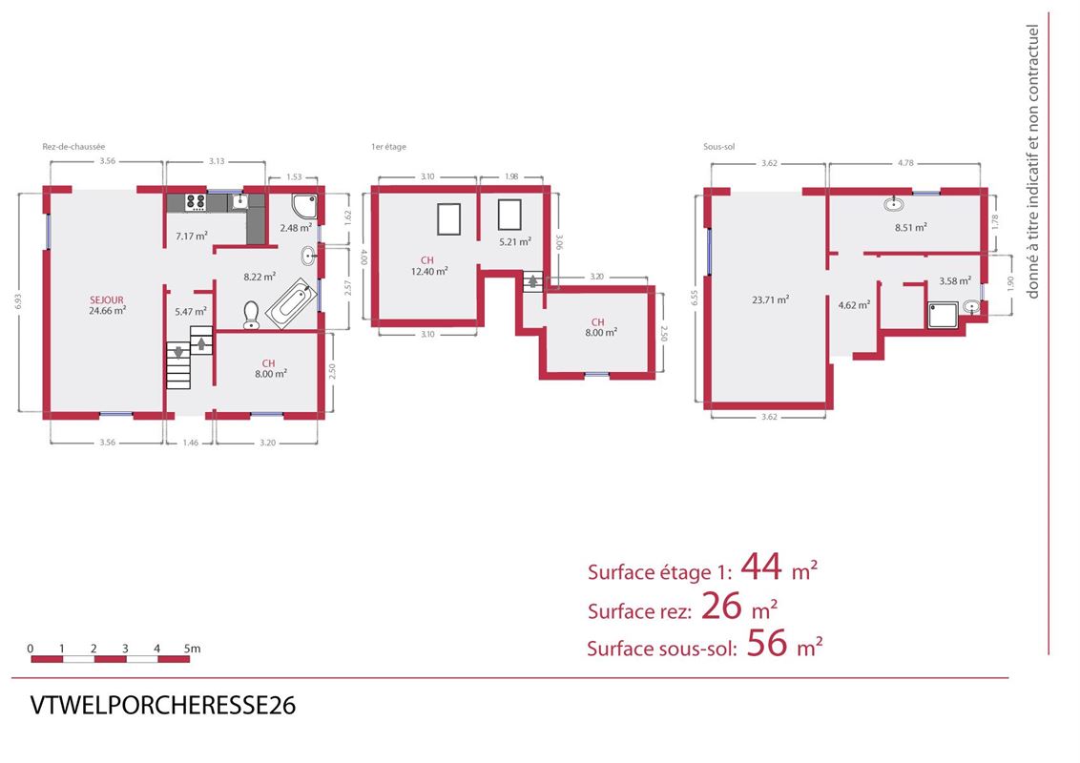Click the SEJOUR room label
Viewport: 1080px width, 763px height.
[x=107, y=299]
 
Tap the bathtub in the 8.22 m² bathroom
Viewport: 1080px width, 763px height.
[x=291, y=303]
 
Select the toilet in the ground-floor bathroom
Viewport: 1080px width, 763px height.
[x=252, y=316]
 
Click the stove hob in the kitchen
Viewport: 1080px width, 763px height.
[x=196, y=202]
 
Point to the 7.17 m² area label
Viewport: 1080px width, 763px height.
[x=192, y=237]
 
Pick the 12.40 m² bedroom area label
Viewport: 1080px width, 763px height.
[x=429, y=271]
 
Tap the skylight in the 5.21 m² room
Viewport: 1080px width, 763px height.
[x=509, y=215]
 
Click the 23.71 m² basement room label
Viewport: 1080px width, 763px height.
[x=770, y=299]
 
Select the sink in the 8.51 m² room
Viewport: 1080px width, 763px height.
[x=893, y=204]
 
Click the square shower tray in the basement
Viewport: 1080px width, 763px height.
[x=943, y=315]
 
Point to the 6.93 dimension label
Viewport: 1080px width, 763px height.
[x=18, y=301]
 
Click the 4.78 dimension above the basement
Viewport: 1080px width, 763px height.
[x=905, y=163]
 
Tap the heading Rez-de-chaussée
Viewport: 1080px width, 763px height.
[x=73, y=147]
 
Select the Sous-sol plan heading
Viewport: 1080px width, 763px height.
[x=719, y=147]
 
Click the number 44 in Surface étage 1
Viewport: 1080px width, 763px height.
[x=761, y=567]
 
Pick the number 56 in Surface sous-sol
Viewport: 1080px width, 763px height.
[x=767, y=643]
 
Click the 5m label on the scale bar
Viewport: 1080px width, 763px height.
[x=192, y=648]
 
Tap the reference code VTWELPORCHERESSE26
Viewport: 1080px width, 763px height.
[x=163, y=705]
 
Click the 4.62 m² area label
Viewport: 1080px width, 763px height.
[x=853, y=305]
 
